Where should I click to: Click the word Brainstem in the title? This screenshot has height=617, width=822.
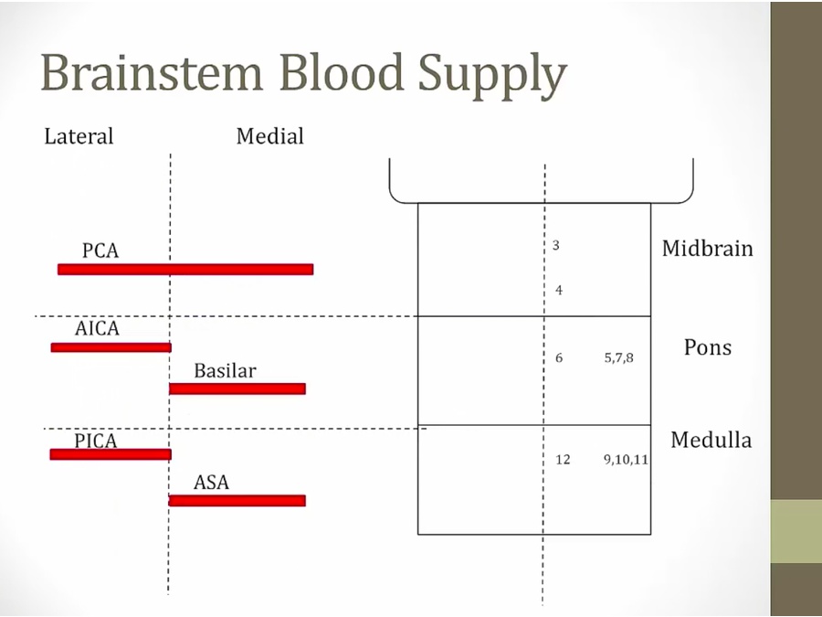tap(152, 72)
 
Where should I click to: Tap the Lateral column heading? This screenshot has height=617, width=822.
tap(79, 136)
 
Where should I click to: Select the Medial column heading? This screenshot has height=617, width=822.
tap(270, 136)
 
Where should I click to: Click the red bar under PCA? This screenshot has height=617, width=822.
tap(185, 269)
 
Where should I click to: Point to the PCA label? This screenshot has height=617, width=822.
tap(100, 250)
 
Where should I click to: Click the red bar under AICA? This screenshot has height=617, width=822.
tap(111, 346)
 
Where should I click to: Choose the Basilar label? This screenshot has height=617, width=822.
tap(225, 370)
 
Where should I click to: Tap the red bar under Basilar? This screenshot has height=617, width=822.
tap(237, 388)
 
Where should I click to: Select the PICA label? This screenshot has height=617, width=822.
tap(95, 441)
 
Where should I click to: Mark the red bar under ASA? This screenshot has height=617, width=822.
tap(237, 501)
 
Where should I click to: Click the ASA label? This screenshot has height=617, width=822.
tap(211, 482)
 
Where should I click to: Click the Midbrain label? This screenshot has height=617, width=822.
tap(707, 248)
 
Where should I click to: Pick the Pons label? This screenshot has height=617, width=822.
tap(707, 346)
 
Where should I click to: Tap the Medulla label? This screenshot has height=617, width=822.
tap(711, 440)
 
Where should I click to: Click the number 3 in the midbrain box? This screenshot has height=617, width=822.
tap(555, 245)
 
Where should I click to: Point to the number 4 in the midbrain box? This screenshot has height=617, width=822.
tap(559, 290)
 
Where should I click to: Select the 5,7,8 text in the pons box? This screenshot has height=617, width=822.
tap(618, 357)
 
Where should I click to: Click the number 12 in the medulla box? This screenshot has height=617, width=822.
tap(563, 460)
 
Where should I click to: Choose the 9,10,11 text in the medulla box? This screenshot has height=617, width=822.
tap(626, 460)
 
